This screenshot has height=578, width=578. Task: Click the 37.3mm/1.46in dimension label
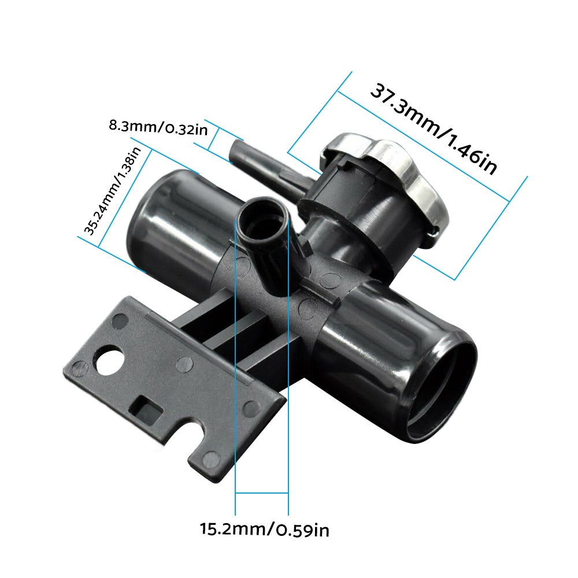pyautogui.click(x=433, y=130)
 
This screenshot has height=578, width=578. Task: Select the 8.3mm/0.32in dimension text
pyautogui.click(x=158, y=127)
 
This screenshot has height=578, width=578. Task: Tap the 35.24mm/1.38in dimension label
pyautogui.click(x=113, y=191)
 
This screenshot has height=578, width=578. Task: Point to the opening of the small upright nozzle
pyautogui.click(x=264, y=222)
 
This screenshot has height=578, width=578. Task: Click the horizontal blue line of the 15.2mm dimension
pyautogui.click(x=262, y=493)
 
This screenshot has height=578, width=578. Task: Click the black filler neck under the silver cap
pyautogui.click(x=347, y=214)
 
